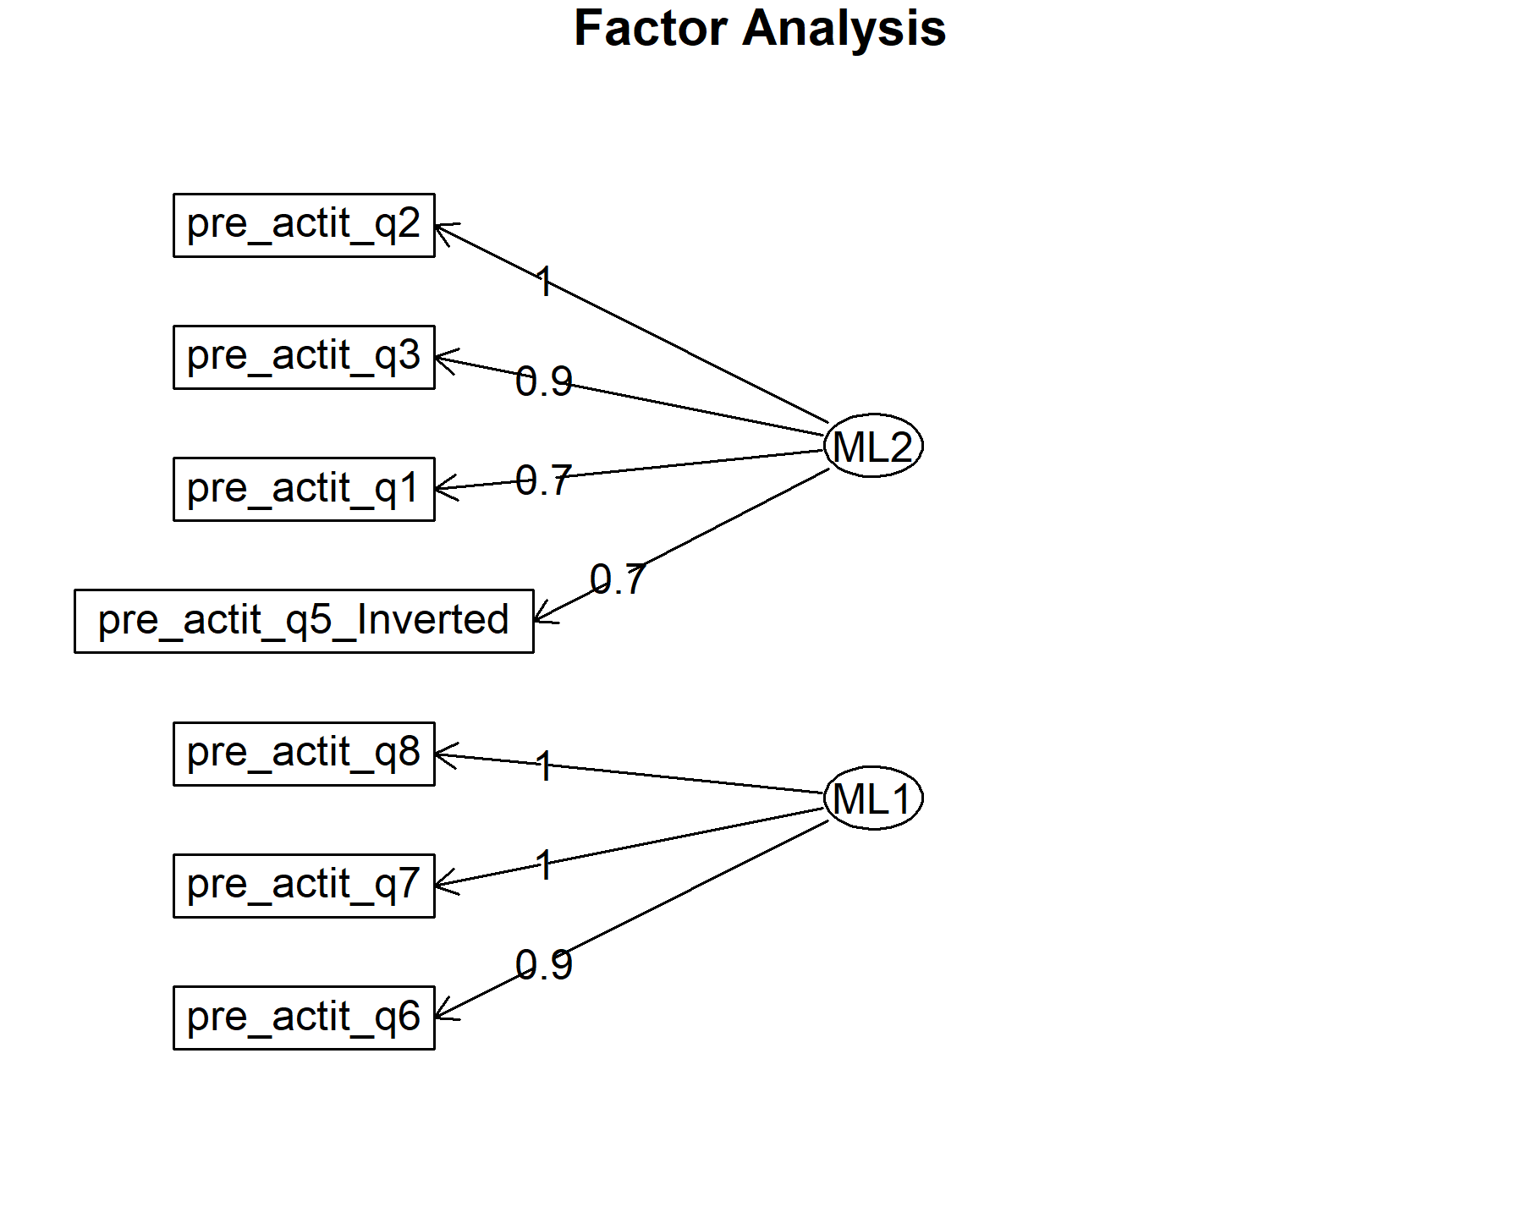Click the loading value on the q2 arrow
click(545, 281)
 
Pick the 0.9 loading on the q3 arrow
click(544, 381)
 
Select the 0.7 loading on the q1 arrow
click(544, 480)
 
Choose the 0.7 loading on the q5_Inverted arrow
click(618, 579)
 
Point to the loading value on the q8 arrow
click(545, 766)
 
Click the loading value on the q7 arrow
click(545, 865)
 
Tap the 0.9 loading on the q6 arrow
click(544, 964)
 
